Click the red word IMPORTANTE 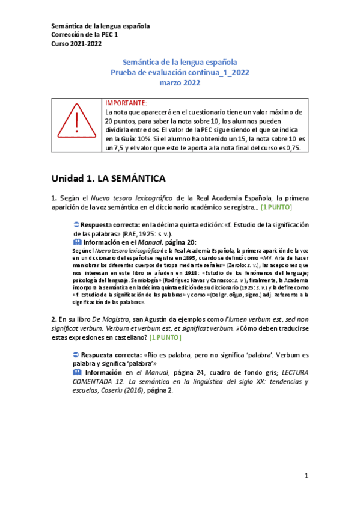(x=126, y=103)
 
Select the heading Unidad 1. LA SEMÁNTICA (x=108, y=179)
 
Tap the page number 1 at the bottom (x=306, y=476)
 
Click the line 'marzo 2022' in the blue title (x=180, y=83)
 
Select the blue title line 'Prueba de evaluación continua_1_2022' (x=180, y=73)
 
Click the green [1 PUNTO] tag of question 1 (x=276, y=207)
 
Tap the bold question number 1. (x=54, y=198)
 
